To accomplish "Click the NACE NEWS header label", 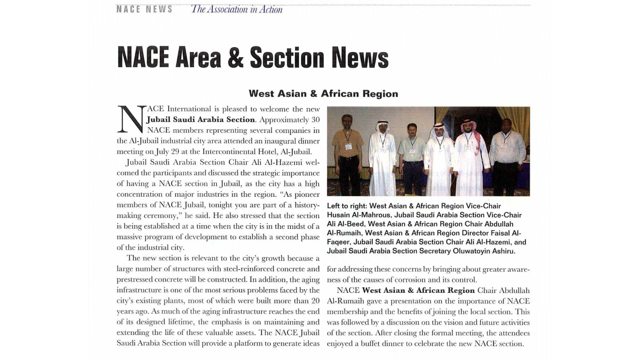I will tap(144, 9).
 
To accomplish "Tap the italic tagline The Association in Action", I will tap(236, 9).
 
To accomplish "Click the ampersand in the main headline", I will tap(236, 58).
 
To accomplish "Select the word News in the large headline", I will tap(360, 58).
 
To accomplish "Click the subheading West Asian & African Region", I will tap(323, 94).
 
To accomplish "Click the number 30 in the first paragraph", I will tap(315, 120).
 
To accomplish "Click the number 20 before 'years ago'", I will tap(315, 301).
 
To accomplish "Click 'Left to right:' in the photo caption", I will tap(347, 206).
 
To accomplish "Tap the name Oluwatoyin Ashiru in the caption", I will tap(484, 251).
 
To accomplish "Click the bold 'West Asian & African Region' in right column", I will tap(418, 290).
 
